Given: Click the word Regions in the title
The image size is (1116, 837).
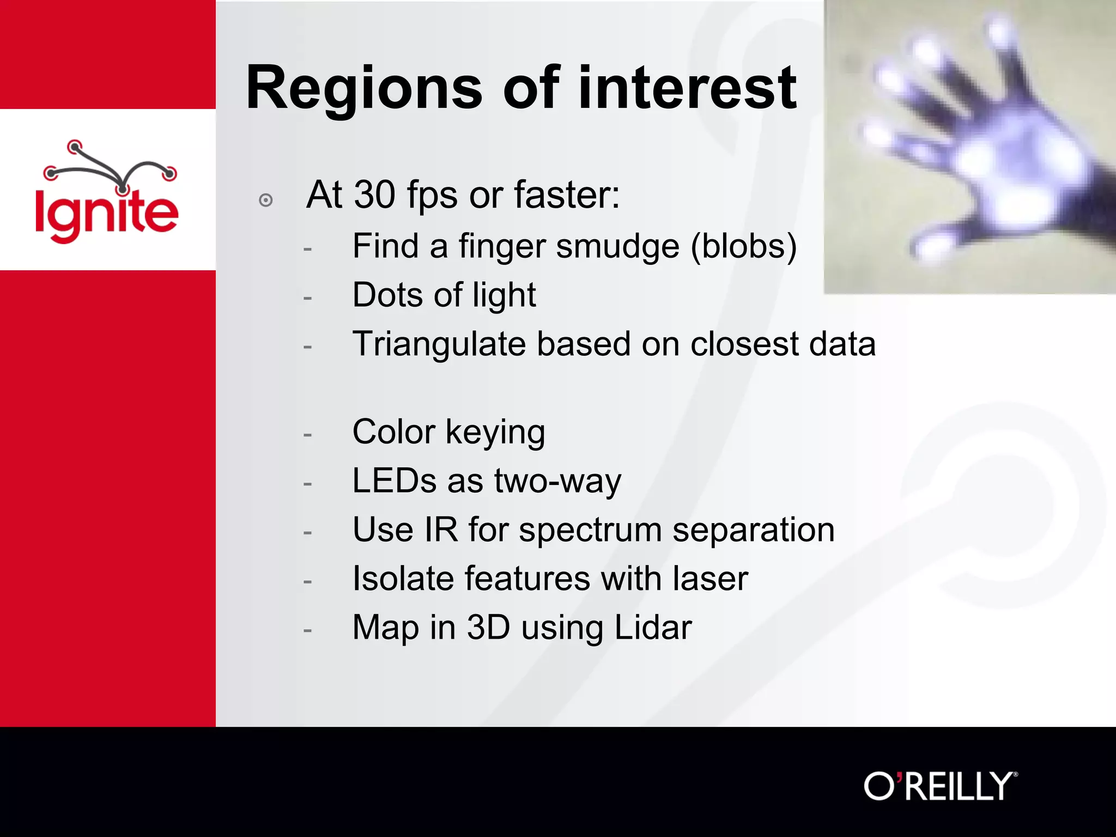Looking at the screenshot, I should (x=364, y=88).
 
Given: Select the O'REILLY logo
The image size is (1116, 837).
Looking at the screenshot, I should (x=941, y=786).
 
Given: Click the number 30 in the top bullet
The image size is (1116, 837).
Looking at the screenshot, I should (x=375, y=195).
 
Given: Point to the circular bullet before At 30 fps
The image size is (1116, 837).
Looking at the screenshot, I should (x=266, y=200).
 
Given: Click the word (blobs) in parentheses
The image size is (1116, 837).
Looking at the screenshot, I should (x=744, y=246).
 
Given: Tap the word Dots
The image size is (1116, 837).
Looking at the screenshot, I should (x=387, y=295).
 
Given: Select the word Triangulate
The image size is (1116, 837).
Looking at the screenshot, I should (x=438, y=345).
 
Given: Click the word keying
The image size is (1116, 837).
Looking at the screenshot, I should (x=495, y=433).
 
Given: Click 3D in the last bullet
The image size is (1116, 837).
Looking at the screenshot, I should (x=488, y=628).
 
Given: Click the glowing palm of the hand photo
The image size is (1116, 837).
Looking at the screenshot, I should (x=1024, y=163).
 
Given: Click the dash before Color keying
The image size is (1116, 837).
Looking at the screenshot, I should (x=308, y=435).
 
